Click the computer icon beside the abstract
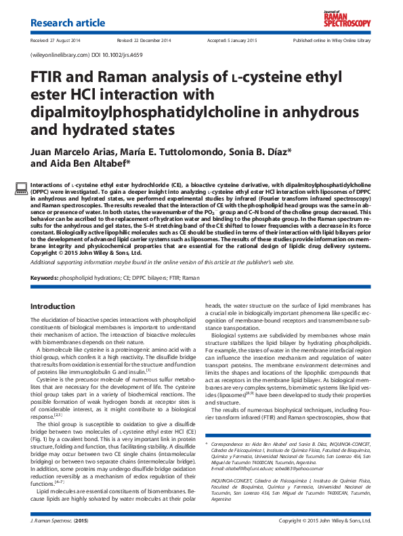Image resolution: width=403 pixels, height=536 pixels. (x=20, y=188)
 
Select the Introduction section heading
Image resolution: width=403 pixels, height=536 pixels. (x=53, y=307)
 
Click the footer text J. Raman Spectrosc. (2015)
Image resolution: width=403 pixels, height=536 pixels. (x=60, y=520)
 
